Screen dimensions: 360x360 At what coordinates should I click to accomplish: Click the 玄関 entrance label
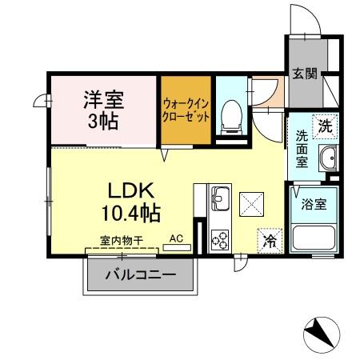click(x=305, y=74)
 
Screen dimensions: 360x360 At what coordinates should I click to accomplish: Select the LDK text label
click(x=130, y=192)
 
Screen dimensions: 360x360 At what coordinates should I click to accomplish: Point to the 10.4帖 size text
click(x=130, y=214)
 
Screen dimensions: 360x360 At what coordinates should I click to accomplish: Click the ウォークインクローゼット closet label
click(x=186, y=110)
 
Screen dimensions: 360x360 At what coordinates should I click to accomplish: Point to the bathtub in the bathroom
click(x=314, y=238)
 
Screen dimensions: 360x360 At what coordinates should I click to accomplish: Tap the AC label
click(x=178, y=238)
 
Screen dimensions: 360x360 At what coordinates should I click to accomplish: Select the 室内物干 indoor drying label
click(x=122, y=239)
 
